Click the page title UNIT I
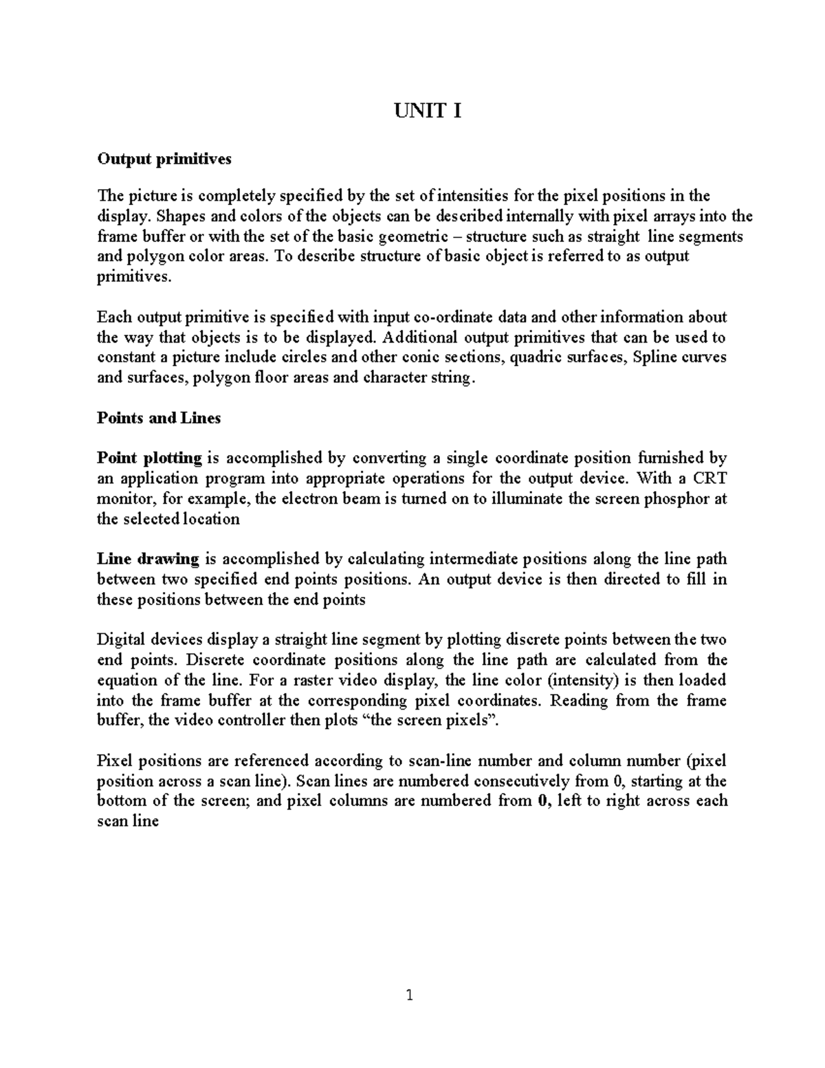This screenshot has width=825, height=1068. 426,110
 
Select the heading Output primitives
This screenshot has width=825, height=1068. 164,159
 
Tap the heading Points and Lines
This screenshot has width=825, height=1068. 159,418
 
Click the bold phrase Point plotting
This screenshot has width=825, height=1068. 149,458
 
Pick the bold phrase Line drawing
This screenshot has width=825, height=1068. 148,559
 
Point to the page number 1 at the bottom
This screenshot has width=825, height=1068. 410,995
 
